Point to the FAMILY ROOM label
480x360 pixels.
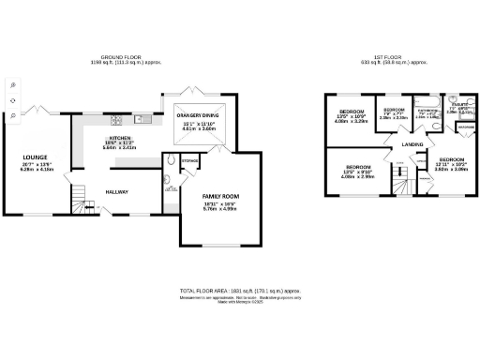[x=218, y=196]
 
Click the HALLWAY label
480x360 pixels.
[x=116, y=192]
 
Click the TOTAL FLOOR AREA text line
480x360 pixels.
[x=239, y=292]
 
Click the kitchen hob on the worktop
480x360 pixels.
[x=117, y=119]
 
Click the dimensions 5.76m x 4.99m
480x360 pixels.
[x=218, y=209]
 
